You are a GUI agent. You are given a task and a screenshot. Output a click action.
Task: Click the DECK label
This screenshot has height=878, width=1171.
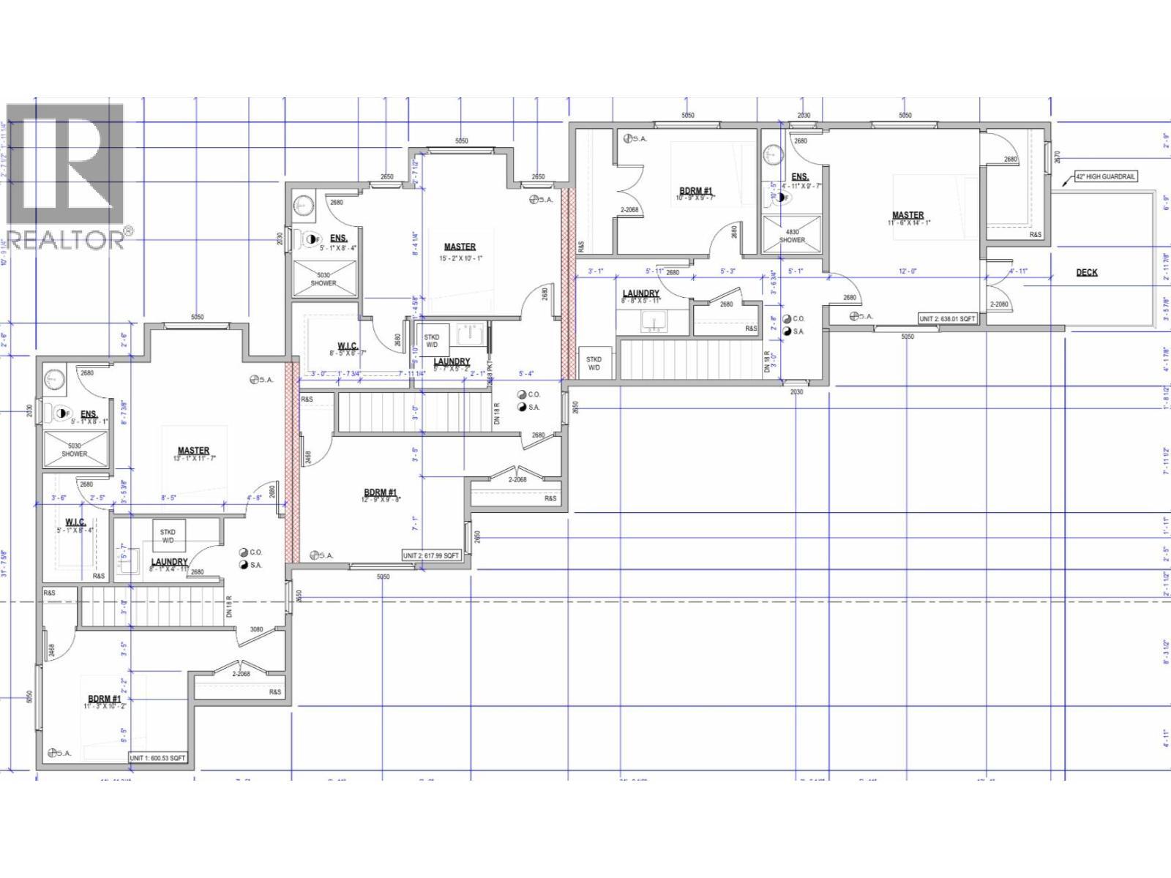pyautogui.click(x=1086, y=272)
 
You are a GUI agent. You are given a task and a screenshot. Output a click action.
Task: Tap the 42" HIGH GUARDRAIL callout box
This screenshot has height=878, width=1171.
pyautogui.click(x=1105, y=176)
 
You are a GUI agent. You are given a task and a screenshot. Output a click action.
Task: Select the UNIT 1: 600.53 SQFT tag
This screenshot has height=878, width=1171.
pyautogui.click(x=157, y=758)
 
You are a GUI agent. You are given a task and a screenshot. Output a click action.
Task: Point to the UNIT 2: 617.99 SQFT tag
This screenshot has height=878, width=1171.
pyautogui.click(x=431, y=555)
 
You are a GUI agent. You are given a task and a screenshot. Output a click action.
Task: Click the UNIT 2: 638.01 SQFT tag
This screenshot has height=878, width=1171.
pyautogui.click(x=948, y=319)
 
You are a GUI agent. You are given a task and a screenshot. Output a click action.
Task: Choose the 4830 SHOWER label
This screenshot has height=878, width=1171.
pyautogui.click(x=792, y=236)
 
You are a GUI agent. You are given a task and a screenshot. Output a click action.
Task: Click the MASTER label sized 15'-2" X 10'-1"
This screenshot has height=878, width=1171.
pyautogui.click(x=460, y=252)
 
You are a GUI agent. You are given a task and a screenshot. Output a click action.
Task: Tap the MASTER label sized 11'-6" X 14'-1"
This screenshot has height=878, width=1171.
pyautogui.click(x=907, y=219)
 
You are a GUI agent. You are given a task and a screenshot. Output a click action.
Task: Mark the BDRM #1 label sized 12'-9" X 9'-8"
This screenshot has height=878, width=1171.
pyautogui.click(x=381, y=497)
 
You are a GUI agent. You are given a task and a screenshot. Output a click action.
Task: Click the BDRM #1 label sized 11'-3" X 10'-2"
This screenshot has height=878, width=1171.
pyautogui.click(x=105, y=702)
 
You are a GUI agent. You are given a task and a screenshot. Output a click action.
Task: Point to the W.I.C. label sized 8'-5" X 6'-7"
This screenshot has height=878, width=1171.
pyautogui.click(x=347, y=349)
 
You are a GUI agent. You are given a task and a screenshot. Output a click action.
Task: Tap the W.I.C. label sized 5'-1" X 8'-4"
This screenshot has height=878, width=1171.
pyautogui.click(x=75, y=525)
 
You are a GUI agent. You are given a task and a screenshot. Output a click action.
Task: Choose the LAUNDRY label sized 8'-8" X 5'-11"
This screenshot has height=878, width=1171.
pyautogui.click(x=640, y=296)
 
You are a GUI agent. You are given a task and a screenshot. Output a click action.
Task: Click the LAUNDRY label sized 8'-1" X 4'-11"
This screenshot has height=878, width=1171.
pyautogui.click(x=170, y=566)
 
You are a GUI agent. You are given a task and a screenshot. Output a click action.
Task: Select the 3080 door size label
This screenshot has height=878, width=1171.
pyautogui.click(x=257, y=629)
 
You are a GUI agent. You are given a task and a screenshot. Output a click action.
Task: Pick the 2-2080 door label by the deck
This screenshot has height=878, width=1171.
pyautogui.click(x=999, y=304)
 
